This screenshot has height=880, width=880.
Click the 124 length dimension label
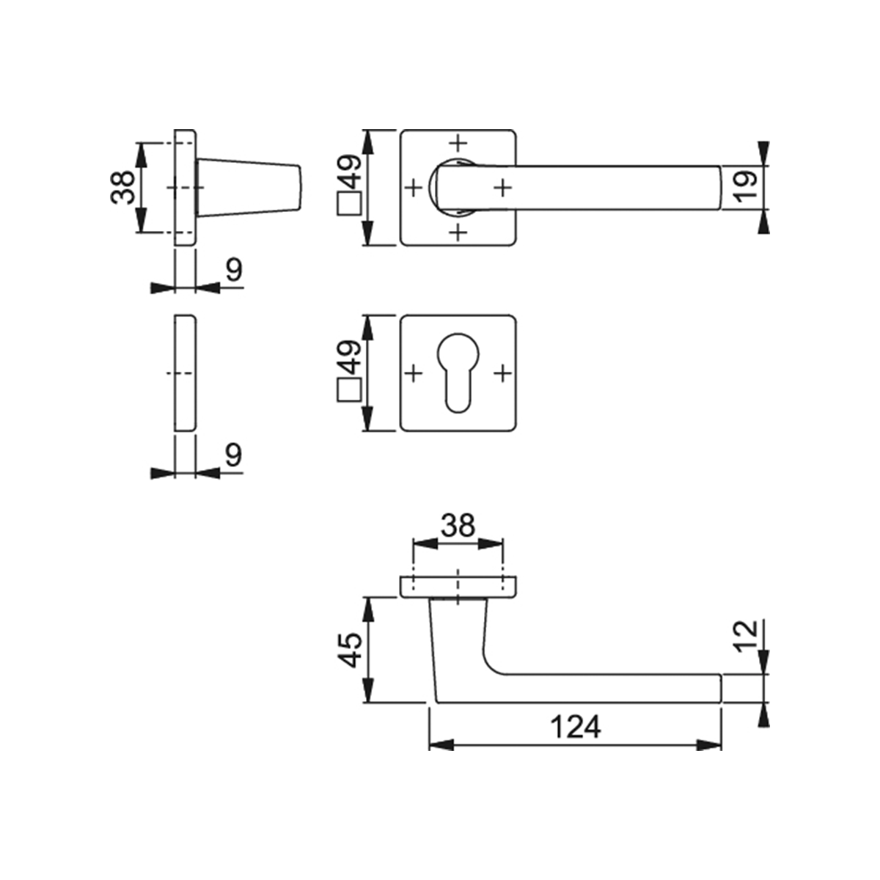click(576, 727)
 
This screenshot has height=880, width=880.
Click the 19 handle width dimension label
click(745, 187)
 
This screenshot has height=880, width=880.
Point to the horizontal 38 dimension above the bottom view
click(458, 526)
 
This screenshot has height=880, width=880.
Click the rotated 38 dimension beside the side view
click(122, 187)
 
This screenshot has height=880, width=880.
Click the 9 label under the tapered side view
click(234, 271)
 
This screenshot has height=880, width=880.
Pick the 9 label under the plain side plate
click(234, 455)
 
